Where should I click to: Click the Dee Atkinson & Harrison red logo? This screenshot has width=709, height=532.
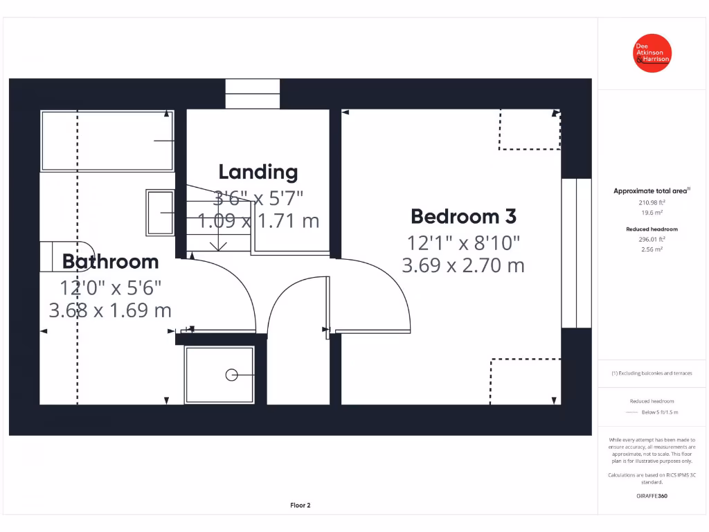tap(653, 53)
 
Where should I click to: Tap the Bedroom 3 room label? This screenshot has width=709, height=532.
tap(463, 216)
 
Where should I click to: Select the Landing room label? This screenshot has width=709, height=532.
tap(258, 172)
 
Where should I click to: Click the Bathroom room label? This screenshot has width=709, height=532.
tap(110, 262)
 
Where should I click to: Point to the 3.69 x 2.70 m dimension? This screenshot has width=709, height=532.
tap(463, 265)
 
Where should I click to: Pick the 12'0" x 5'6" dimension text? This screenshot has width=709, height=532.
tap(110, 287)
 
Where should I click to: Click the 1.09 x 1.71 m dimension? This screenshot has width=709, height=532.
tap(258, 221)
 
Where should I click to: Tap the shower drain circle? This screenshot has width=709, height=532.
tap(231, 375)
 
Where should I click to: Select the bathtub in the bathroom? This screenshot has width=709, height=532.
tap(107, 141)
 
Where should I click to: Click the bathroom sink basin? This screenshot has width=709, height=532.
tap(160, 213)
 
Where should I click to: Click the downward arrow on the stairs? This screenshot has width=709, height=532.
tap(219, 243)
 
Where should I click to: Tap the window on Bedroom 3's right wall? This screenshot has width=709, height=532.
tap(576, 253)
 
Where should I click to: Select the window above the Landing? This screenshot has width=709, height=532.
tap(253, 94)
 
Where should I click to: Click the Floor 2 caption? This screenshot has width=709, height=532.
tap(300, 506)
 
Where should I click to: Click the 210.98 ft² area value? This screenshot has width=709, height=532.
tap(651, 203)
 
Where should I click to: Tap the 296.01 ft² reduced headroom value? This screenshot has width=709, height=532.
tap(651, 239)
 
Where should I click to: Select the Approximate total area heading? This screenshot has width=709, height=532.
tap(651, 191)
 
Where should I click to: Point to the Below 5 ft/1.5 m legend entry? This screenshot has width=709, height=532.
tap(659, 412)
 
